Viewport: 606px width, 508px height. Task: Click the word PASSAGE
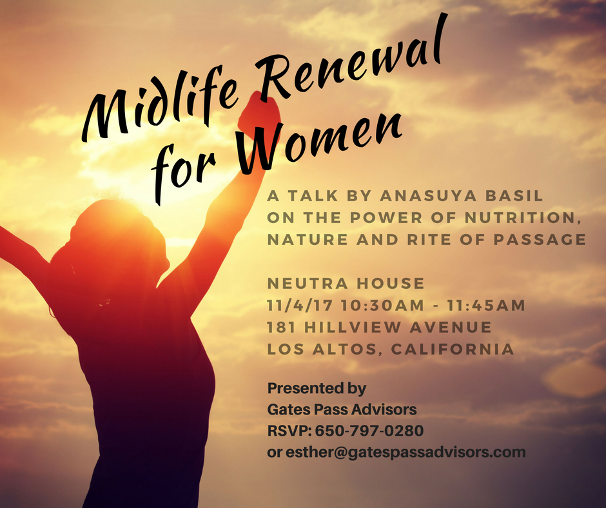pos(540,240)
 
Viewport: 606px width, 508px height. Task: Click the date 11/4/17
pos(300,306)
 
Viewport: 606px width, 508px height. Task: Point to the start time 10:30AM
pos(382,306)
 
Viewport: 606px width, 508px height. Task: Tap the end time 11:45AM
pos(486,306)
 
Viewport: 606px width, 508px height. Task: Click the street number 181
pos(281,327)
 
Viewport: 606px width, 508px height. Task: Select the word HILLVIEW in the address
pos(353,327)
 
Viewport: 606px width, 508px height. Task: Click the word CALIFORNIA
pos(453,349)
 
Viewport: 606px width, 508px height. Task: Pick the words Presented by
pos(317,389)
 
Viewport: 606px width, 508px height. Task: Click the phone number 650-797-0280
pos(369,431)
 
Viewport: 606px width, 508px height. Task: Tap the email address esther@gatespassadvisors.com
pos(406,453)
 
